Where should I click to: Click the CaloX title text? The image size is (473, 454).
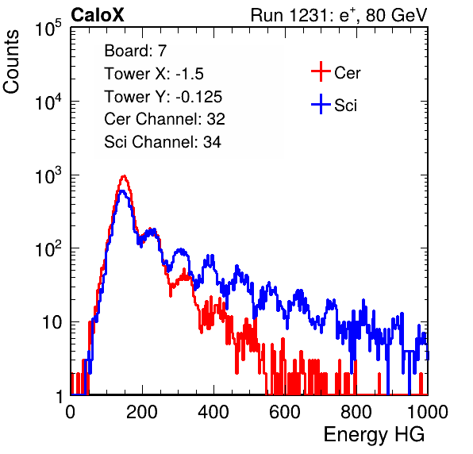click(98, 15)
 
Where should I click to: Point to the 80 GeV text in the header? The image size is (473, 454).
click(397, 15)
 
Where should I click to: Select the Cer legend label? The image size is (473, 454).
click(347, 73)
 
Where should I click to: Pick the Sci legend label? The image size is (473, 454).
click(345, 106)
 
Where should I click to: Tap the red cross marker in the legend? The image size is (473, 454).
click(321, 71)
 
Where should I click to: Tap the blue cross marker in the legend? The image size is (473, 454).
click(321, 104)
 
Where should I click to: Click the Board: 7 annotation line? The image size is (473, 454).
click(135, 51)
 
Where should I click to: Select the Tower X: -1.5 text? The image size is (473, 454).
click(154, 74)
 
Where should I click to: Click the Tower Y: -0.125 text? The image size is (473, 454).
click(163, 97)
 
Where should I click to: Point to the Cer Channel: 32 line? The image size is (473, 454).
click(165, 119)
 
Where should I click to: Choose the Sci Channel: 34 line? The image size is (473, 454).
click(163, 142)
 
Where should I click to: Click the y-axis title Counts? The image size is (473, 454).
click(11, 62)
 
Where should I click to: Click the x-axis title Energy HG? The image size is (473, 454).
click(374, 435)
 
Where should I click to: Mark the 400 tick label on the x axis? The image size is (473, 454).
click(213, 412)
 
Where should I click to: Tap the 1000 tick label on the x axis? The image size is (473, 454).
click(428, 412)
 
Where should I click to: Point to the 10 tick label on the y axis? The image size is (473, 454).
click(52, 322)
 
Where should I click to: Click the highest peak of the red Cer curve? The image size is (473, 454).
click(124, 175)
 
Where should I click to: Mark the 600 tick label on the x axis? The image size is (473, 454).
click(285, 412)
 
